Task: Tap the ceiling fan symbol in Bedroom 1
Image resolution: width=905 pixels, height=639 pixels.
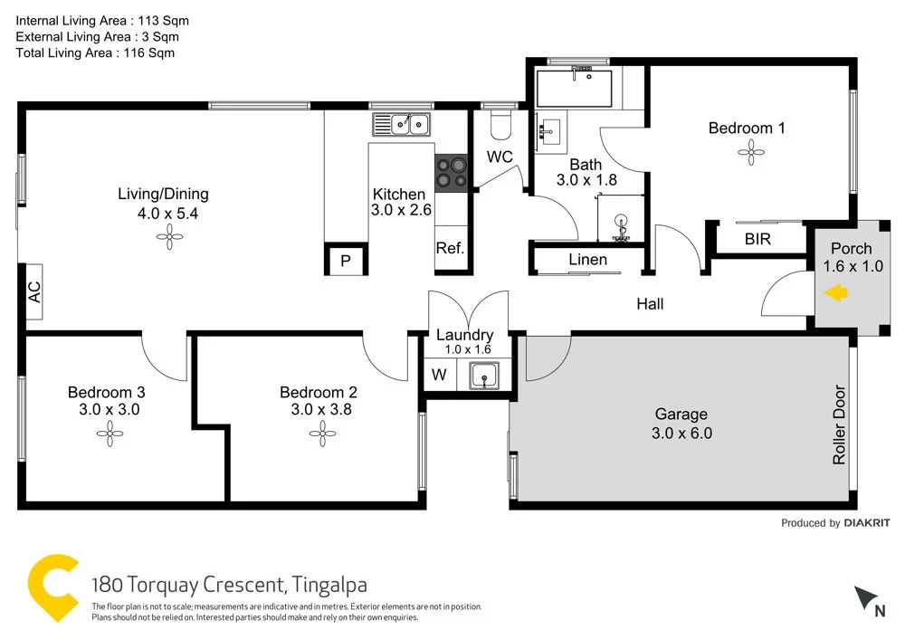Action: click(x=749, y=155)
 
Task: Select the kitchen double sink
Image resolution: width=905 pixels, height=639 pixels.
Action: click(x=404, y=124)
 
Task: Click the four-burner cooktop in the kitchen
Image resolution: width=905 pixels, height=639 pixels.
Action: click(x=452, y=173)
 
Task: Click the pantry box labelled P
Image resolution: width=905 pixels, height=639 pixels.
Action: click(x=345, y=261)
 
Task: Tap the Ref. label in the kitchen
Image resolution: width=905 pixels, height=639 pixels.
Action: click(x=450, y=248)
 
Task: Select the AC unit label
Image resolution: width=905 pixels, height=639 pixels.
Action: click(x=34, y=291)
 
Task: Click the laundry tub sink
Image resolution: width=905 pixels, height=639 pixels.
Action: click(x=484, y=374)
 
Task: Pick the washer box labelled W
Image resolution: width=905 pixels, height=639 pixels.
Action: click(x=438, y=374)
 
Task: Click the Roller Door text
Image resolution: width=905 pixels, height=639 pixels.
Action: click(x=838, y=425)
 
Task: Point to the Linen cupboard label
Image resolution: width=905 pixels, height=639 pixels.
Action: click(x=587, y=260)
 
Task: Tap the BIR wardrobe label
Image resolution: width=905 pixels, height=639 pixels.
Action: click(x=757, y=240)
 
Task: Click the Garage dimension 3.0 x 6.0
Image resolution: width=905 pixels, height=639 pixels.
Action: click(x=681, y=434)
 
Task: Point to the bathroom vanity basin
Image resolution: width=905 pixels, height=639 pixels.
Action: click(x=549, y=132)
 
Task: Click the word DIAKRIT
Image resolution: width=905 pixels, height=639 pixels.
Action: click(x=869, y=523)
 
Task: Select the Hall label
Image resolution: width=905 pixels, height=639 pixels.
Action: click(x=650, y=304)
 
